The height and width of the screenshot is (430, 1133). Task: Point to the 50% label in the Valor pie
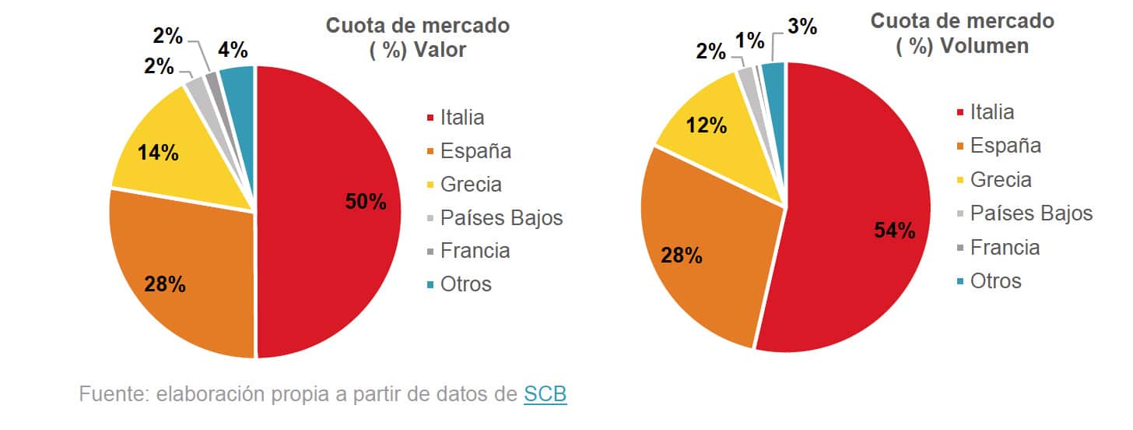click(x=366, y=202)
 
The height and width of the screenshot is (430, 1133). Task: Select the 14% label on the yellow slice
click(x=158, y=153)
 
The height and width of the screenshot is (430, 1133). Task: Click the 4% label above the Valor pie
click(x=233, y=51)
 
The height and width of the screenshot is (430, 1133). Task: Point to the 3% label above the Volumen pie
click(x=802, y=26)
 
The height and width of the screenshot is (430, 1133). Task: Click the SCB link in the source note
click(x=545, y=394)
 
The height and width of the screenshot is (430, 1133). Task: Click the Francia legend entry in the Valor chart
click(x=475, y=251)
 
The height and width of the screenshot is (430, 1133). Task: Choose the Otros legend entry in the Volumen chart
click(x=995, y=280)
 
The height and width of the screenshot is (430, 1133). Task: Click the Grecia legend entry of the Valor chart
click(x=471, y=185)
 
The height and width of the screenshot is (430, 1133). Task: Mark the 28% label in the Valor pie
click(x=165, y=284)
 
